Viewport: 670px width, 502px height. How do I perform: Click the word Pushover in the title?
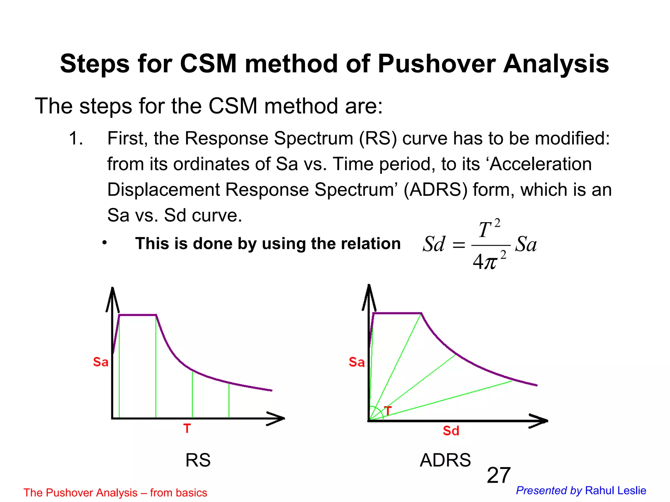coord(436,63)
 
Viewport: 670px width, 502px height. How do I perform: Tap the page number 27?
coord(498,475)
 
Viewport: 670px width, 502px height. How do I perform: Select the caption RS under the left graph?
coord(198,460)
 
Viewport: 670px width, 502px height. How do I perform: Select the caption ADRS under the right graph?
coord(445,460)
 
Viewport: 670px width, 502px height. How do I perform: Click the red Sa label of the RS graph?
coord(100,362)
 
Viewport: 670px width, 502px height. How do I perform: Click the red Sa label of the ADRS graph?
coord(357,362)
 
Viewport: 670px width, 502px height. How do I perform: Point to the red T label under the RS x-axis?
coord(187,428)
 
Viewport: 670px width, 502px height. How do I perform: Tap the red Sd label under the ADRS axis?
coord(451,431)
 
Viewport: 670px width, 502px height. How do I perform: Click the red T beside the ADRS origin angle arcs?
coord(388,410)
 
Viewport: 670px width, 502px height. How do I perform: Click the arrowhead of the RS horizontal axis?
coord(278,418)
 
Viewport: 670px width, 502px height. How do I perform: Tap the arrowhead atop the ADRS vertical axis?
coord(369,293)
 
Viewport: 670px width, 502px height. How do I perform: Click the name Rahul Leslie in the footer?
coord(615,491)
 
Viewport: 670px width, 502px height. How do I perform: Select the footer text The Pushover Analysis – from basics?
coord(115,493)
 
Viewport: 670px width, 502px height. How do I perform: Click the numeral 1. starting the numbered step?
coord(76,139)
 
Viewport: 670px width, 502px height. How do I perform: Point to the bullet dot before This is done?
coord(104,243)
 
